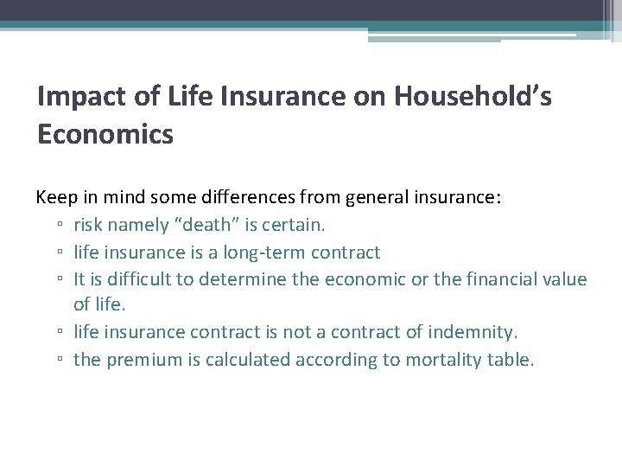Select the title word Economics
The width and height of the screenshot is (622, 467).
point(105,135)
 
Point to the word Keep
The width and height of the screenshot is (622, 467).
point(54,197)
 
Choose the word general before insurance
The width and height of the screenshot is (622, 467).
point(378,197)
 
